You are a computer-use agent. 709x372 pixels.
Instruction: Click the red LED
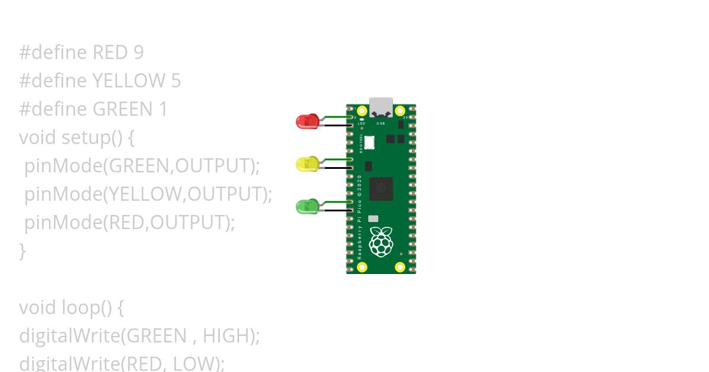pyautogui.click(x=306, y=122)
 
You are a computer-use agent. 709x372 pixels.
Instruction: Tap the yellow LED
pyautogui.click(x=306, y=164)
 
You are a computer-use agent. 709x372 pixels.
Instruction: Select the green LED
pyautogui.click(x=306, y=207)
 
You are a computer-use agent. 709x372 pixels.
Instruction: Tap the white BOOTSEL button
pyautogui.click(x=370, y=142)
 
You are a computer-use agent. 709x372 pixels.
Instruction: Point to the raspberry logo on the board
pyautogui.click(x=381, y=241)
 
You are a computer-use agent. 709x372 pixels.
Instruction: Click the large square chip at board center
pyautogui.click(x=381, y=189)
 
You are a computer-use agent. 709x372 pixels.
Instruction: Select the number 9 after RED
pyautogui.click(x=138, y=53)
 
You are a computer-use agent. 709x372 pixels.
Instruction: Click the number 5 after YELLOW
pyautogui.click(x=175, y=81)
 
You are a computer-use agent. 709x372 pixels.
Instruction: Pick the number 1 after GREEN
pyautogui.click(x=162, y=109)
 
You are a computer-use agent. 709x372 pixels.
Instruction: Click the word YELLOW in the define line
pyautogui.click(x=129, y=81)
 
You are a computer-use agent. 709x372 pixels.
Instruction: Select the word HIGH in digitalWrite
pyautogui.click(x=225, y=336)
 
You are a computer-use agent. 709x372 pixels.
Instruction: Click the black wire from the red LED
pyautogui.click(x=336, y=125)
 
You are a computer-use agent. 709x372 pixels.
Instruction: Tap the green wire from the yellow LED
pyautogui.click(x=336, y=159)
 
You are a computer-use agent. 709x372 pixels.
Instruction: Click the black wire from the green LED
pyautogui.click(x=336, y=210)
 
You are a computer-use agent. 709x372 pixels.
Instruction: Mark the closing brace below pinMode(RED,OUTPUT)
pyautogui.click(x=22, y=251)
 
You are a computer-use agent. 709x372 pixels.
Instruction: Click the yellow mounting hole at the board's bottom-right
pyautogui.click(x=400, y=267)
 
